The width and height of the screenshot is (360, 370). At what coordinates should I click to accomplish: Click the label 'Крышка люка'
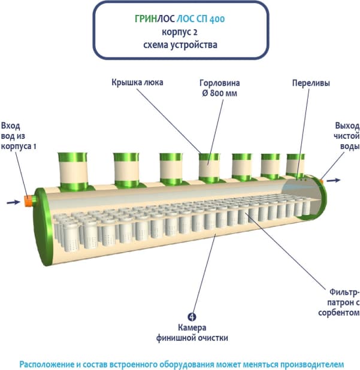click(137, 82)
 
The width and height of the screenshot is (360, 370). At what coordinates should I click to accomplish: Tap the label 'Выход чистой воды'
click(347, 136)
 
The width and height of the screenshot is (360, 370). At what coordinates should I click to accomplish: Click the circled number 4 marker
click(192, 317)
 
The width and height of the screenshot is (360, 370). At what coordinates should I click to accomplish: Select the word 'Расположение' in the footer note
click(48, 364)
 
